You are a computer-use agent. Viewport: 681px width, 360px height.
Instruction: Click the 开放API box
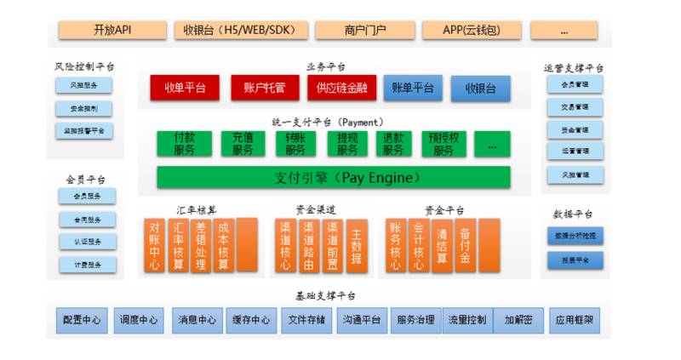112,31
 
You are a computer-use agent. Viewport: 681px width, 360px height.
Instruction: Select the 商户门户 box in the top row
365,31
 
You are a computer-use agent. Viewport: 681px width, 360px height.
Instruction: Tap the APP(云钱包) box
472,31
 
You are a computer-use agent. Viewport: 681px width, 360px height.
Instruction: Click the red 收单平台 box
185,88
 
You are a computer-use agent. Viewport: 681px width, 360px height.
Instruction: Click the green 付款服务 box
184,144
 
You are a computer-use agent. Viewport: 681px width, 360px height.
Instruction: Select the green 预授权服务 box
444,144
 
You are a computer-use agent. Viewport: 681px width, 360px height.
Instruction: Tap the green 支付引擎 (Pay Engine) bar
334,178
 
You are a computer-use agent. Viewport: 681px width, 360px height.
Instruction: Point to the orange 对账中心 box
155,245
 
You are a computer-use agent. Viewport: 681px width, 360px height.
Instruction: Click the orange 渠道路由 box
309,245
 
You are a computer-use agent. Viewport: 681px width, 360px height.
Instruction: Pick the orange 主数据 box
357,245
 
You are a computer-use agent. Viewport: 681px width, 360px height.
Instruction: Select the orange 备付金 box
465,245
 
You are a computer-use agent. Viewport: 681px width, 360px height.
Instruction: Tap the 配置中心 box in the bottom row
82,321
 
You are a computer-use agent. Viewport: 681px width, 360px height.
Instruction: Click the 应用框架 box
575,321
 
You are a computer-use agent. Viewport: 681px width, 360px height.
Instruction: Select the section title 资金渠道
316,209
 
